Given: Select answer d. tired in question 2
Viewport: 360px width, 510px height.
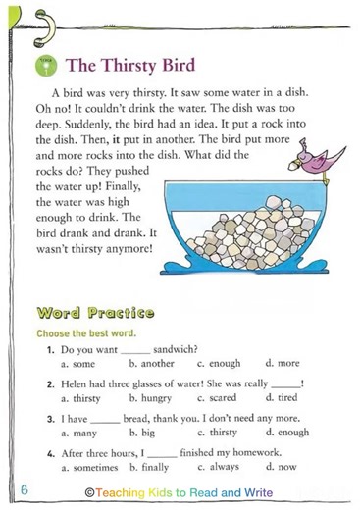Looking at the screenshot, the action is (284, 399).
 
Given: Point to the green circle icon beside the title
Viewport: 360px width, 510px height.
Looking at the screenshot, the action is (44, 66).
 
